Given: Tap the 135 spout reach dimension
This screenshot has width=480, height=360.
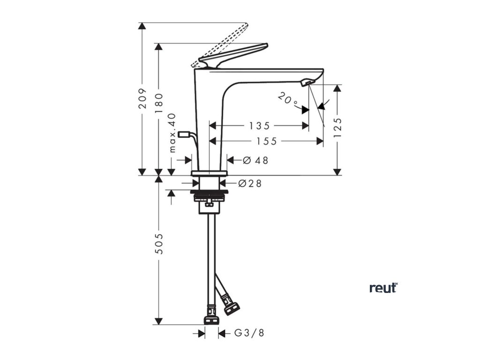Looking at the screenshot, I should [259, 126].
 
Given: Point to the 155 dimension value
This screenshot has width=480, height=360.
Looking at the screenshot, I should [266, 141].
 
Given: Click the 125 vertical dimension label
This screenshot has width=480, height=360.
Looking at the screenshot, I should [337, 127].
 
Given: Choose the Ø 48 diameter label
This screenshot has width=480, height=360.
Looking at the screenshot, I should [256, 160].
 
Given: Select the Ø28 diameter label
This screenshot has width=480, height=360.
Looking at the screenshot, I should [250, 183].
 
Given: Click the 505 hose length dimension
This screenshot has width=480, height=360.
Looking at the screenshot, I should [159, 244].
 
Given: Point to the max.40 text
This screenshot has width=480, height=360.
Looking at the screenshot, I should [172, 133].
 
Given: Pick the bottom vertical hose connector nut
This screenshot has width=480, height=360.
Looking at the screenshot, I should [212, 320].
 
